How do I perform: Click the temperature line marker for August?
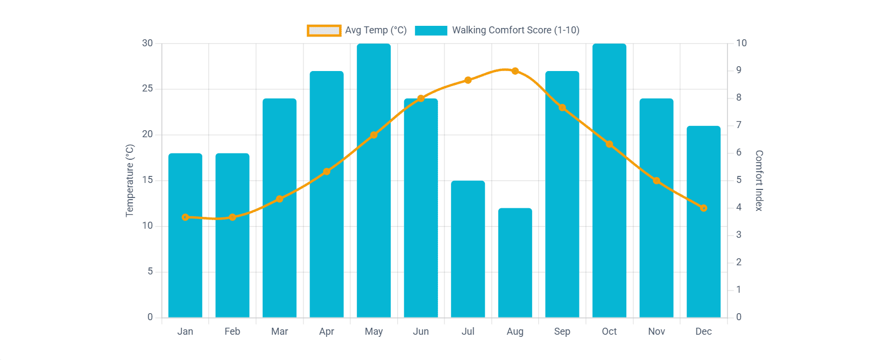(x=515, y=71)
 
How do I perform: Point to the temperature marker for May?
(x=373, y=135)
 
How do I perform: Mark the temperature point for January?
(x=185, y=217)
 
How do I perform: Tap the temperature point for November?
(x=657, y=181)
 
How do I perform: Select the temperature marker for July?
(x=468, y=80)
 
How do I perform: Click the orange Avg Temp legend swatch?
(x=324, y=31)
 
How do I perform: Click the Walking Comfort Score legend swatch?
(x=431, y=31)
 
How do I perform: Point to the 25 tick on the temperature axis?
(x=147, y=89)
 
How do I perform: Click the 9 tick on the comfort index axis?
(x=739, y=70)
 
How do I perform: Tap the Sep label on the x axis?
(x=562, y=331)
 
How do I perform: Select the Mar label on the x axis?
(x=279, y=331)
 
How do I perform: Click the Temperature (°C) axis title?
(x=130, y=181)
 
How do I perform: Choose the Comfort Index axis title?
(x=759, y=181)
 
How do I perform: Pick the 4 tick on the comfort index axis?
(x=739, y=208)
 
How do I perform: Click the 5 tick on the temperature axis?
(x=150, y=272)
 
